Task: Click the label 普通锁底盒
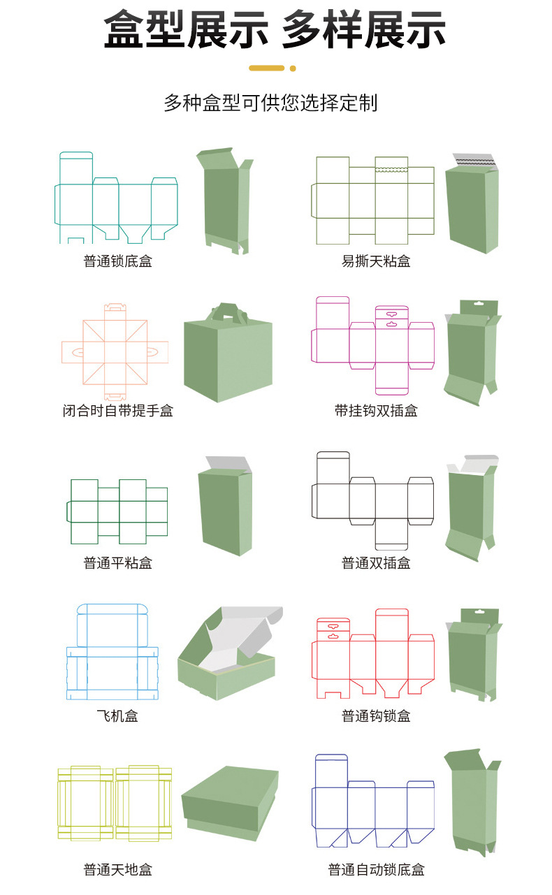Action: pyautogui.click(x=117, y=261)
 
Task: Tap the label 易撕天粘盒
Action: pyautogui.click(x=375, y=261)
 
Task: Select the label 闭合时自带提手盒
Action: pyautogui.click(x=117, y=411)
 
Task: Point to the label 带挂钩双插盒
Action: pyautogui.click(x=375, y=411)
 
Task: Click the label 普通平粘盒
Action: pyautogui.click(x=117, y=562)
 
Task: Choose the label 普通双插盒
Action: pyautogui.click(x=375, y=562)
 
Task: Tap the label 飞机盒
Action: pyautogui.click(x=117, y=716)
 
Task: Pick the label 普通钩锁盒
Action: pyautogui.click(x=375, y=716)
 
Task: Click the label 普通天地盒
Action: pyautogui.click(x=117, y=870)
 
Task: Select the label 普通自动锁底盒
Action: pyautogui.click(x=375, y=870)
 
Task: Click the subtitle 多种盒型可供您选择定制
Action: pyautogui.click(x=270, y=103)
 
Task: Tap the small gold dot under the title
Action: pyautogui.click(x=293, y=68)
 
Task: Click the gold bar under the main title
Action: pyautogui.click(x=266, y=68)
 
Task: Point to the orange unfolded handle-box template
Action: pyautogui.click(x=115, y=351)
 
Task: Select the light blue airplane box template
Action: pyautogui.click(x=112, y=652)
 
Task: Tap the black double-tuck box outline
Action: pyautogui.click(x=372, y=501)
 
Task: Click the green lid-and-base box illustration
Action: pyautogui.click(x=230, y=802)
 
